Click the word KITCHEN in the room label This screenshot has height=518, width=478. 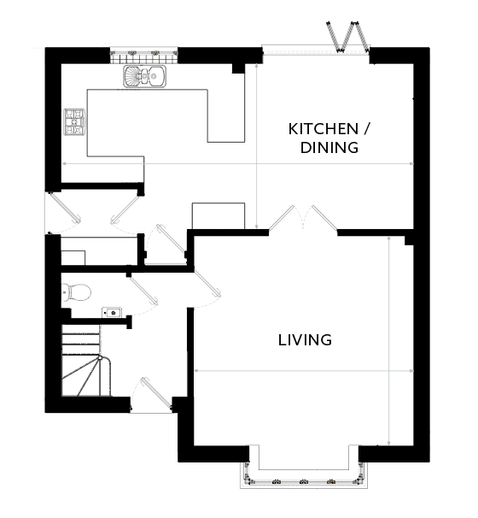pyautogui.click(x=324, y=129)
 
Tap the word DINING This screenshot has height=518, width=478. pyautogui.click(x=329, y=147)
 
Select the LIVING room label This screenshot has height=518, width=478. pyautogui.click(x=305, y=340)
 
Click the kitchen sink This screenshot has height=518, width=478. pyautogui.click(x=145, y=77)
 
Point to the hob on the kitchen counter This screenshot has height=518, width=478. pyautogui.click(x=74, y=121)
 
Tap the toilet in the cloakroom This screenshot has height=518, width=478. pyautogui.click(x=76, y=292)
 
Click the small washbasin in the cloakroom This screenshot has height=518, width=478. pyautogui.click(x=112, y=312)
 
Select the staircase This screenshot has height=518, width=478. pyautogui.click(x=86, y=360)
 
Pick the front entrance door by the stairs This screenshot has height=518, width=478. pyautogui.click(x=156, y=394)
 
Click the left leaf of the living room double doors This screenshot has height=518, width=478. pyautogui.click(x=282, y=217)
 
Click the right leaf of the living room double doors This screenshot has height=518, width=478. pyautogui.click(x=324, y=217)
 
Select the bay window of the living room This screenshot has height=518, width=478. pyautogui.click(x=304, y=473)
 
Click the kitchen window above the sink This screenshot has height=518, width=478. pyautogui.click(x=144, y=56)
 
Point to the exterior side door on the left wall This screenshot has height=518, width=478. pyautogui.click(x=64, y=208)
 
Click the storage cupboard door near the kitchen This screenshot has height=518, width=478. pyautogui.click(x=172, y=238)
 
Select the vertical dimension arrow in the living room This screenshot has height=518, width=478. pyautogui.click(x=389, y=340)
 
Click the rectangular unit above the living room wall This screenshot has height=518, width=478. pyautogui.click(x=219, y=215)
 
